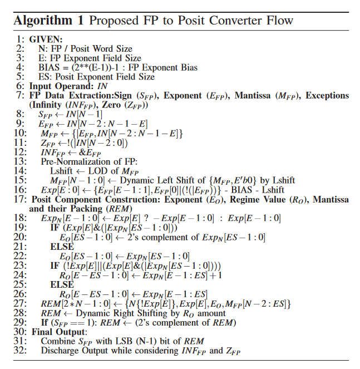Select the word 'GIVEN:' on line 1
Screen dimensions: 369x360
(x=44, y=40)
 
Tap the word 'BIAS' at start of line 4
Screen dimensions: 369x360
(x=52, y=67)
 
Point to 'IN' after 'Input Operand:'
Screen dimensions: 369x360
(x=102, y=86)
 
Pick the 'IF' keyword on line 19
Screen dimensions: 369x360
(x=55, y=228)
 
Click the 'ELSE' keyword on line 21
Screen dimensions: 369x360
(x=61, y=247)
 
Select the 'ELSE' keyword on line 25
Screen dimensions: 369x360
(x=61, y=284)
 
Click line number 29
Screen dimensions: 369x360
(x=19, y=322)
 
